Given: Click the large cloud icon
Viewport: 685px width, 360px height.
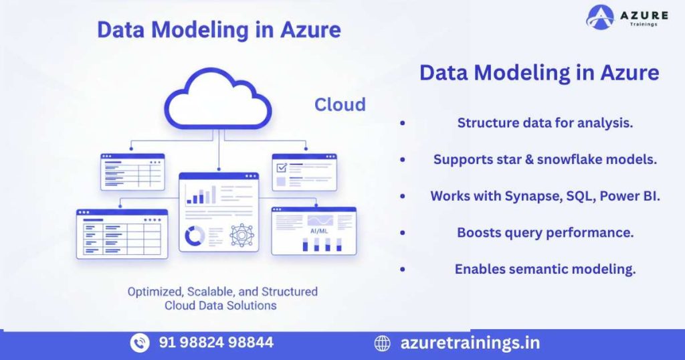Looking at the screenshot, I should (x=218, y=100).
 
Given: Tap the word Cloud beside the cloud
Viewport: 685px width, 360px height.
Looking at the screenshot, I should (x=340, y=104).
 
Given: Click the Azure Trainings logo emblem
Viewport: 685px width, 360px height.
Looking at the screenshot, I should (x=601, y=17).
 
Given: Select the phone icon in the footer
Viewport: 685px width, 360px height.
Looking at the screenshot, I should (x=140, y=343).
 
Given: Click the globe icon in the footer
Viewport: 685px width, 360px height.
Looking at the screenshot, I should (x=382, y=343).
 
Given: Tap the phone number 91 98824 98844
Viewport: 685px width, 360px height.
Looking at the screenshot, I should (x=216, y=343).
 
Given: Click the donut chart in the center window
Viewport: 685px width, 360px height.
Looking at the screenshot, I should (x=195, y=236).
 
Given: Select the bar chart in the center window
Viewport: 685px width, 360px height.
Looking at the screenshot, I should (x=201, y=195).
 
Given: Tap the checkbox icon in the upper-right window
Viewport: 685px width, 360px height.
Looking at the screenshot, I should (x=281, y=167).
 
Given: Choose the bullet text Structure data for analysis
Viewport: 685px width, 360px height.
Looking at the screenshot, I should (x=545, y=122).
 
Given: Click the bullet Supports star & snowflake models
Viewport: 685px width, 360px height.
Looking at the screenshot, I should (x=545, y=159).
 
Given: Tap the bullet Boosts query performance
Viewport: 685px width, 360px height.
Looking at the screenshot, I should (x=545, y=232).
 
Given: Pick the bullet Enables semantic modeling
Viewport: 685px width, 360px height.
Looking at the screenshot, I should (x=545, y=269).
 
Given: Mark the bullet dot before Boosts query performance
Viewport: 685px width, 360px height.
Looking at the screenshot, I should (x=402, y=233).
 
